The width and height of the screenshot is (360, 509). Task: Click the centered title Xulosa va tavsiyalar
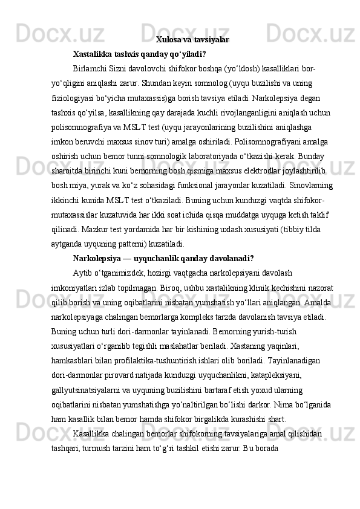(x=192, y=40)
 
